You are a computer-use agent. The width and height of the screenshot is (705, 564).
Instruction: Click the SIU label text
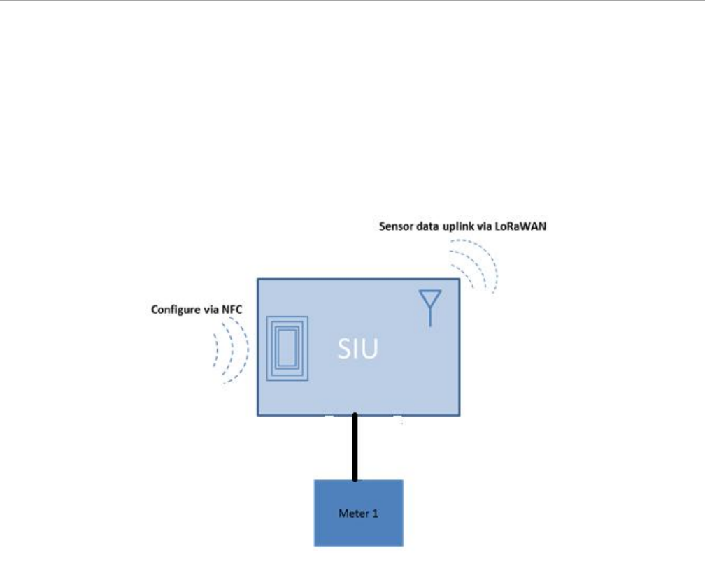pyautogui.click(x=357, y=347)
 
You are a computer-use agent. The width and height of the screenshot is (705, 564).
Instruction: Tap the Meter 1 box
pyautogui.click(x=358, y=512)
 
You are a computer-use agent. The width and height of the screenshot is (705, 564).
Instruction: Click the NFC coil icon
pyautogui.click(x=287, y=347)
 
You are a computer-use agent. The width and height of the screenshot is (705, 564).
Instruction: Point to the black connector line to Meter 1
pyautogui.click(x=355, y=447)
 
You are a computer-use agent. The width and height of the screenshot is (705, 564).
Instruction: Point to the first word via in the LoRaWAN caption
pyautogui.click(x=488, y=226)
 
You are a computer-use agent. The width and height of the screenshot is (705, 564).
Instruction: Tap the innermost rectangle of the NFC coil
pyautogui.click(x=287, y=347)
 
